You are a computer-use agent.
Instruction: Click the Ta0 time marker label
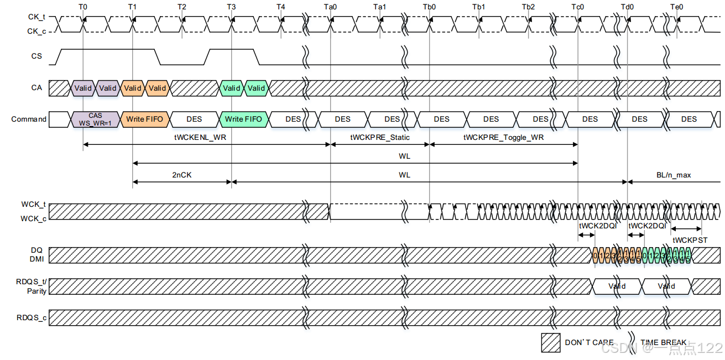(x=330, y=7)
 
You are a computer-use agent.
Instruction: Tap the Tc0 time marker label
(x=577, y=7)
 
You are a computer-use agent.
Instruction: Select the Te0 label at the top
(x=676, y=7)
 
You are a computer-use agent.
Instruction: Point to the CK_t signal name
(x=36, y=17)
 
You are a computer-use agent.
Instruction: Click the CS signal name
(x=36, y=56)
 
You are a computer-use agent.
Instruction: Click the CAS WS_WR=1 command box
(x=96, y=119)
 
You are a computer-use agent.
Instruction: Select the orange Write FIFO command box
(x=145, y=119)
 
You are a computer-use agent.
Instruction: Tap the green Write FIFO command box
(x=243, y=119)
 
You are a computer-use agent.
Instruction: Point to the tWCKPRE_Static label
(x=379, y=138)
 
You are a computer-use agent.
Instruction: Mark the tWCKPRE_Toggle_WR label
(x=503, y=138)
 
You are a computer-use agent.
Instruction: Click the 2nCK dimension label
(x=182, y=175)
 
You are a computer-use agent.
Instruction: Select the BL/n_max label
(x=674, y=175)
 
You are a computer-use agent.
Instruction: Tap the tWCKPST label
(x=690, y=240)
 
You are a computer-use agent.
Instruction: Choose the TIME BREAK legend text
(x=663, y=342)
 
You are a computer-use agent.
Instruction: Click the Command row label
(x=29, y=119)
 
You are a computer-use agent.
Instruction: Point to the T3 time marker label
(x=231, y=7)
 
